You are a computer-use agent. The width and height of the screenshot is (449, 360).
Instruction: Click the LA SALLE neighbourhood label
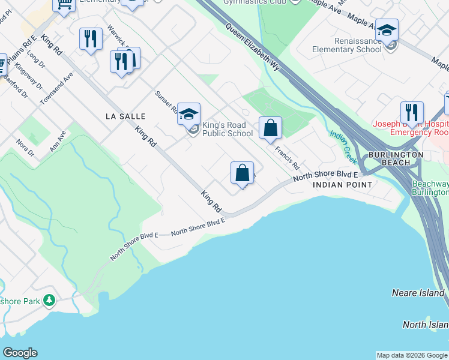(x=125, y=116)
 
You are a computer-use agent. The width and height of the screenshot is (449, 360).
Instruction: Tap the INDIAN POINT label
(x=342, y=185)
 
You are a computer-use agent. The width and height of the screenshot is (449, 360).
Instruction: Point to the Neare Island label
(x=418, y=293)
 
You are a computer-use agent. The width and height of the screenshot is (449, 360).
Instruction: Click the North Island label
(x=425, y=325)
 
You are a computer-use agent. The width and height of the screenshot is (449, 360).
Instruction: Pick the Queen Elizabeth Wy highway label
(x=253, y=47)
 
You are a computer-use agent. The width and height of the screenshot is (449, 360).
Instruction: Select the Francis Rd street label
(x=288, y=157)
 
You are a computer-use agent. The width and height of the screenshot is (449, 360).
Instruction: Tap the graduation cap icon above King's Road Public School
(x=188, y=113)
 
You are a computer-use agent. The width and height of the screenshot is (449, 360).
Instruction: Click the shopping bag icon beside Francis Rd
(x=270, y=128)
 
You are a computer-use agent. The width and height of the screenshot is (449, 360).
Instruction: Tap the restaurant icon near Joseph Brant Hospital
(x=412, y=112)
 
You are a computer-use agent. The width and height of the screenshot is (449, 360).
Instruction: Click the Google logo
(x=20, y=353)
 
